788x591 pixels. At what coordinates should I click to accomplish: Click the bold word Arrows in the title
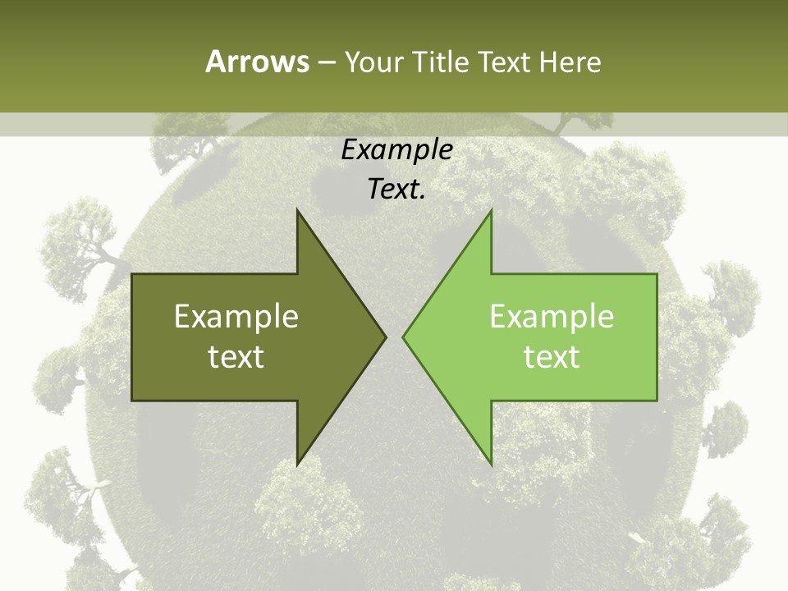coord(257,62)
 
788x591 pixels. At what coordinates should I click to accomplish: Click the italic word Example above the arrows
coord(396,149)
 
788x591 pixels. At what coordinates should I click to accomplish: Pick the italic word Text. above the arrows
coord(396,189)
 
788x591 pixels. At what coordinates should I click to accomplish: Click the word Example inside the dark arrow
coord(236,316)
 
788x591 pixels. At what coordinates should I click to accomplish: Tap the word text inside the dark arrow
coord(236,356)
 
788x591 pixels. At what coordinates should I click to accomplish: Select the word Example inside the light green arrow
coord(552,316)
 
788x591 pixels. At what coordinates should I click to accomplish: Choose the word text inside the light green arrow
coord(552,356)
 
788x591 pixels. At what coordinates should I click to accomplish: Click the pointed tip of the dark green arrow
coord(386,337)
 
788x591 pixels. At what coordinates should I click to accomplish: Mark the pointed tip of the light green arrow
coord(403,337)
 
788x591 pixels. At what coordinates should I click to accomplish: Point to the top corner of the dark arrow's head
coord(297,209)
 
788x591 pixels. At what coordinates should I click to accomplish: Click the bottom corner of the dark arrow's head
coord(297,465)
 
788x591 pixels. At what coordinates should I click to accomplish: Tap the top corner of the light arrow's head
coord(491,209)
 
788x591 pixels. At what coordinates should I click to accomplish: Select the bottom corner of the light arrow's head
coord(491,465)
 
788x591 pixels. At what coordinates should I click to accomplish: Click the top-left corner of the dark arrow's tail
coord(132,274)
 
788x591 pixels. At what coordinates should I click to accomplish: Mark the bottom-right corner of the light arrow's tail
coord(657,401)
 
